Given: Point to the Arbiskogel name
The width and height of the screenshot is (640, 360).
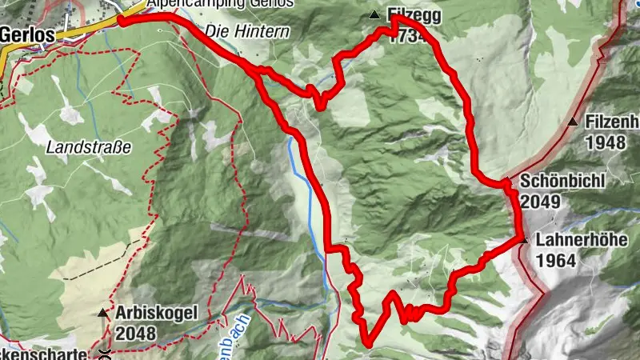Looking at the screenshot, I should (155, 313).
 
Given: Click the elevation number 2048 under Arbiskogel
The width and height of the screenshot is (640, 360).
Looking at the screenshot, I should (133, 332).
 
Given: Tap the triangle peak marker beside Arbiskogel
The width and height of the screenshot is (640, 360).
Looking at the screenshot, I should (103, 313).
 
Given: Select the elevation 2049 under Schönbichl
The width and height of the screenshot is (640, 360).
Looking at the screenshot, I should (539, 202).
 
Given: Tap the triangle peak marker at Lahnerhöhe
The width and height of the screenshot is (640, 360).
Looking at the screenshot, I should (522, 240).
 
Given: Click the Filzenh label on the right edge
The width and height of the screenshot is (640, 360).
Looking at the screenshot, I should (611, 122).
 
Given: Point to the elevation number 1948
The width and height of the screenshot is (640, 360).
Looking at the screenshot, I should (604, 143).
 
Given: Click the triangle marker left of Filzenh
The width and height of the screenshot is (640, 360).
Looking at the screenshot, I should (573, 122).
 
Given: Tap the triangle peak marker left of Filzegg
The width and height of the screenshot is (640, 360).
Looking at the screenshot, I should (374, 15).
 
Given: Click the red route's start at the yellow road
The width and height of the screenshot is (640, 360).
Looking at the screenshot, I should (122, 20).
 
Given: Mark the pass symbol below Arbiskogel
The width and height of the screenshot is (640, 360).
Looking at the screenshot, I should (104, 350).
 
